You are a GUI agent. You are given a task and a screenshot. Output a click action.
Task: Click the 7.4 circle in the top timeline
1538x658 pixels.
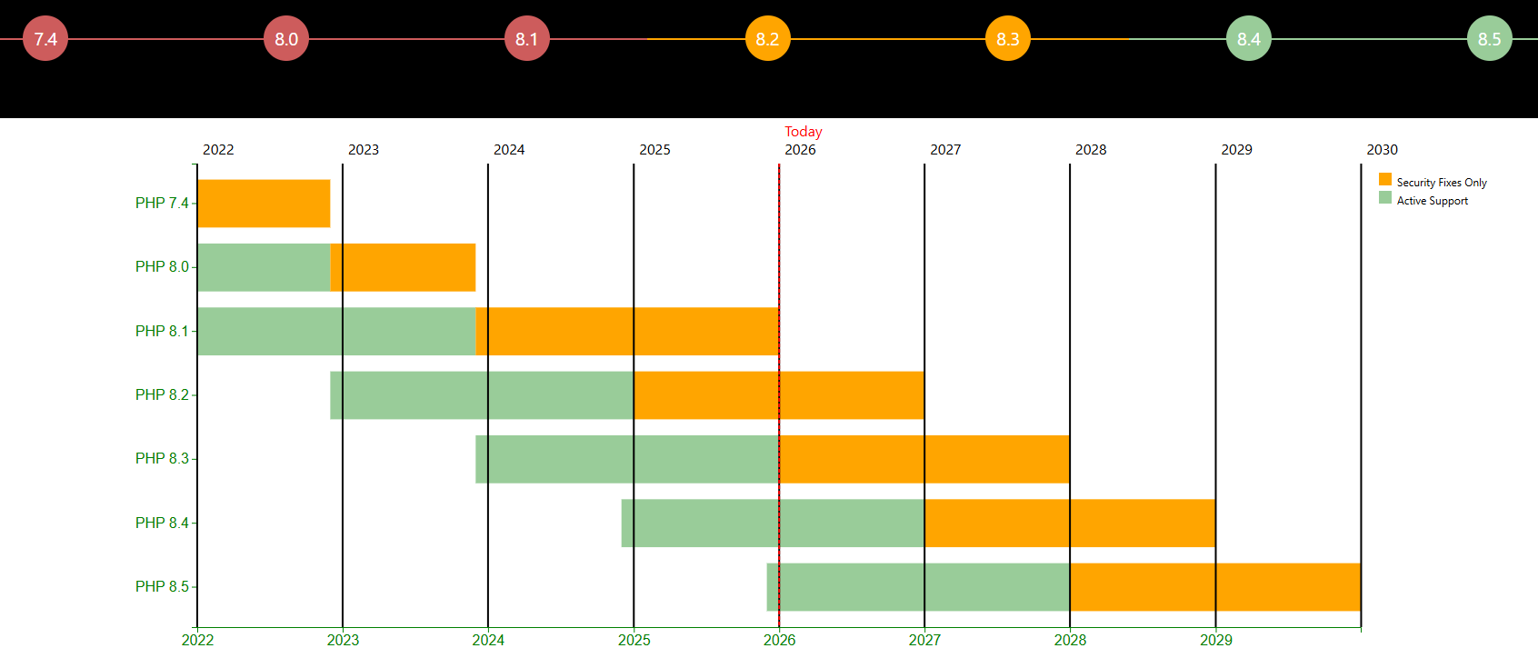click(x=45, y=39)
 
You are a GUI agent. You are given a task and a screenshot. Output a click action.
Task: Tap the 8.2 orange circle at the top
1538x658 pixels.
click(x=767, y=39)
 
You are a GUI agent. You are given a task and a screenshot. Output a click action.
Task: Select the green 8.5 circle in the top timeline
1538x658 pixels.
click(x=1489, y=39)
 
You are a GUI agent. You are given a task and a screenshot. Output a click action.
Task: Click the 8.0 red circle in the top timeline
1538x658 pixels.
click(x=286, y=39)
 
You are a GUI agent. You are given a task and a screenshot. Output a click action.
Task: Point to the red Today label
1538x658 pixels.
click(x=803, y=132)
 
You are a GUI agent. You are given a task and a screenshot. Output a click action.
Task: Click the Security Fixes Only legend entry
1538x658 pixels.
click(x=1441, y=183)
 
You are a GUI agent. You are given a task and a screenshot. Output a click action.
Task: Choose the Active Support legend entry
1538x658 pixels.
click(x=1432, y=201)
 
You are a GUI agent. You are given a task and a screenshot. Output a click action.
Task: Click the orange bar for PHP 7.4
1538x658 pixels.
click(x=264, y=204)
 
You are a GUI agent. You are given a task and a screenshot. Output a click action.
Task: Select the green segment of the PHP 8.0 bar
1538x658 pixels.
click(x=264, y=267)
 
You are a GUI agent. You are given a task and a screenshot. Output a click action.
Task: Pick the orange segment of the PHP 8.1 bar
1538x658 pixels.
click(x=627, y=332)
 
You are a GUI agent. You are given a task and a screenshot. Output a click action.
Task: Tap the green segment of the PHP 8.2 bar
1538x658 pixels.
click(x=482, y=395)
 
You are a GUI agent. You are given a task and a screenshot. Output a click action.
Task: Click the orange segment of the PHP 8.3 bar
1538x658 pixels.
click(x=924, y=459)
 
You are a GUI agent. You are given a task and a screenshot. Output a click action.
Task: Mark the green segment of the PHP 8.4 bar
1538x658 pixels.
click(x=773, y=523)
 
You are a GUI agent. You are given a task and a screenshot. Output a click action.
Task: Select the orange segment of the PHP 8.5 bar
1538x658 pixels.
click(x=1214, y=587)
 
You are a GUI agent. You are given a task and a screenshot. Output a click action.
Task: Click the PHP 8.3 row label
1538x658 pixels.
click(x=162, y=459)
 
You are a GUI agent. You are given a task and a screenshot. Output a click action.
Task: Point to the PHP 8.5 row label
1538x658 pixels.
click(x=162, y=587)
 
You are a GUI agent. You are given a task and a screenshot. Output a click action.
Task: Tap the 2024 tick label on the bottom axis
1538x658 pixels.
click(x=488, y=640)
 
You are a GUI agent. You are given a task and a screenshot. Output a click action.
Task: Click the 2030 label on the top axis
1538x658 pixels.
click(x=1382, y=150)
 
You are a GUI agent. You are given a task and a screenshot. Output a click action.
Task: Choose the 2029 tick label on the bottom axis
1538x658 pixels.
click(x=1215, y=640)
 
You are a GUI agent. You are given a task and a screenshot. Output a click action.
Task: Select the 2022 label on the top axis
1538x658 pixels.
click(x=218, y=150)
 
